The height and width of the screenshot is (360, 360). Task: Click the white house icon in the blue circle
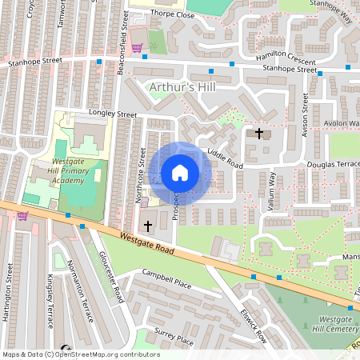[180, 172]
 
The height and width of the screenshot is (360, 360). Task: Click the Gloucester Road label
[110, 276]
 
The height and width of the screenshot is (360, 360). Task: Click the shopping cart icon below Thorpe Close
[137, 48]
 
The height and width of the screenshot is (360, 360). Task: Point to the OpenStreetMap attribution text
[81, 354]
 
